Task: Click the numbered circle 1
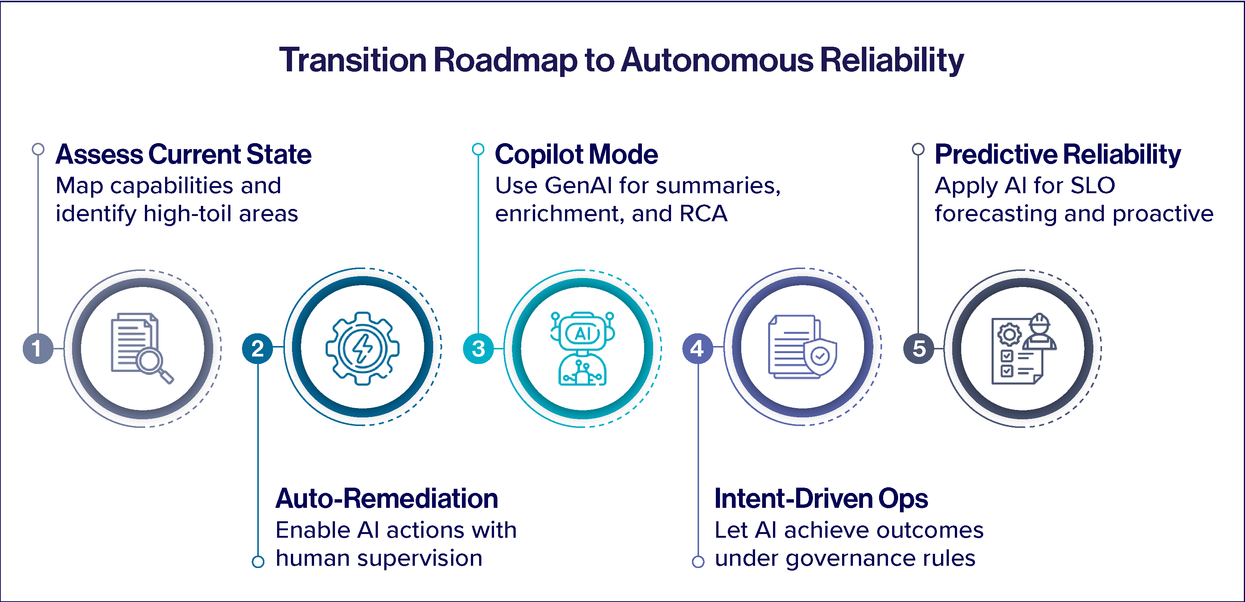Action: [x=38, y=348]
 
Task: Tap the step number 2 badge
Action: [x=258, y=348]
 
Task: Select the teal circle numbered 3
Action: [x=478, y=348]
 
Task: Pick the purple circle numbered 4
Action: [x=698, y=348]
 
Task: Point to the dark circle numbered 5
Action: [x=918, y=348]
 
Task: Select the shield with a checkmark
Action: [x=820, y=357]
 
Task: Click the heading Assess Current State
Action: [x=184, y=155]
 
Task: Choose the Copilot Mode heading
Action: [x=576, y=155]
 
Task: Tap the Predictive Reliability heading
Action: [x=1058, y=155]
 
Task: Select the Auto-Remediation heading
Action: [x=386, y=498]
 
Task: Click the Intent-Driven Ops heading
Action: [x=821, y=498]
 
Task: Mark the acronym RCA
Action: [x=703, y=214]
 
